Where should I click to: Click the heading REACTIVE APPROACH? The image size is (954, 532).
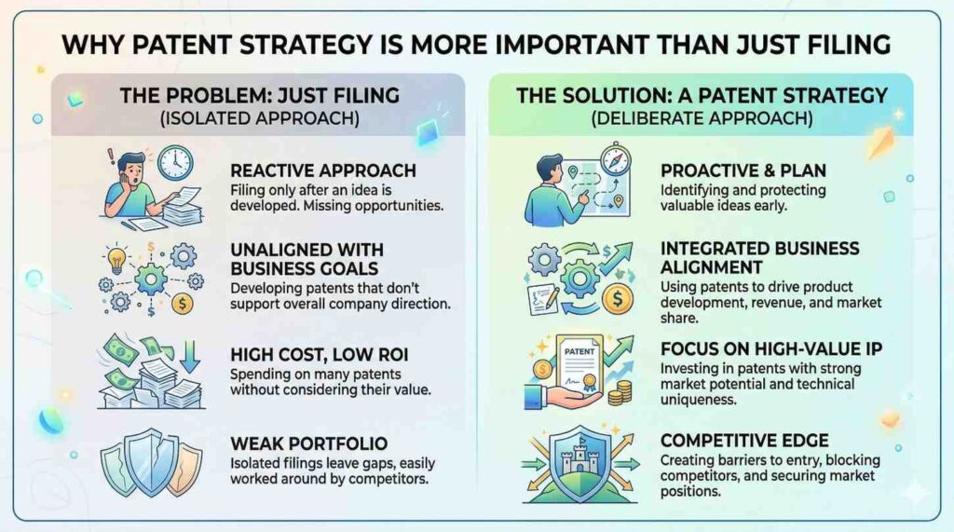tap(323, 171)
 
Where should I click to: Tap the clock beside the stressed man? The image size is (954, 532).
tap(175, 163)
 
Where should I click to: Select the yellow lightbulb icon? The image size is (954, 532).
tap(116, 260)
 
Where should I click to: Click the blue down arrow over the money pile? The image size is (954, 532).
tap(190, 356)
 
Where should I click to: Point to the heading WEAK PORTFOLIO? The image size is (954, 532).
tap(308, 443)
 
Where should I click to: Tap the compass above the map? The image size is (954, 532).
tap(615, 159)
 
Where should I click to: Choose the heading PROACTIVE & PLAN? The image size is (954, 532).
tap(743, 171)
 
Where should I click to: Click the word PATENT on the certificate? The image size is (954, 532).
tap(579, 352)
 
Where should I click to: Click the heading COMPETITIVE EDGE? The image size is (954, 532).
tap(744, 440)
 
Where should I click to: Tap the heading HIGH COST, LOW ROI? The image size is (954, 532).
tap(320, 354)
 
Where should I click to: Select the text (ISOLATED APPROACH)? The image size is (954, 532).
tap(260, 118)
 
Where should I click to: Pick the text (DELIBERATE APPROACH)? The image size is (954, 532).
tap(702, 118)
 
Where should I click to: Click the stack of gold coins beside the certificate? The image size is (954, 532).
tap(620, 393)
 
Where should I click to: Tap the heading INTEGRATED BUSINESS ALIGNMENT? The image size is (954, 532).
tap(760, 258)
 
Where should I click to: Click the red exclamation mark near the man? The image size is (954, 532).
tap(111, 157)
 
